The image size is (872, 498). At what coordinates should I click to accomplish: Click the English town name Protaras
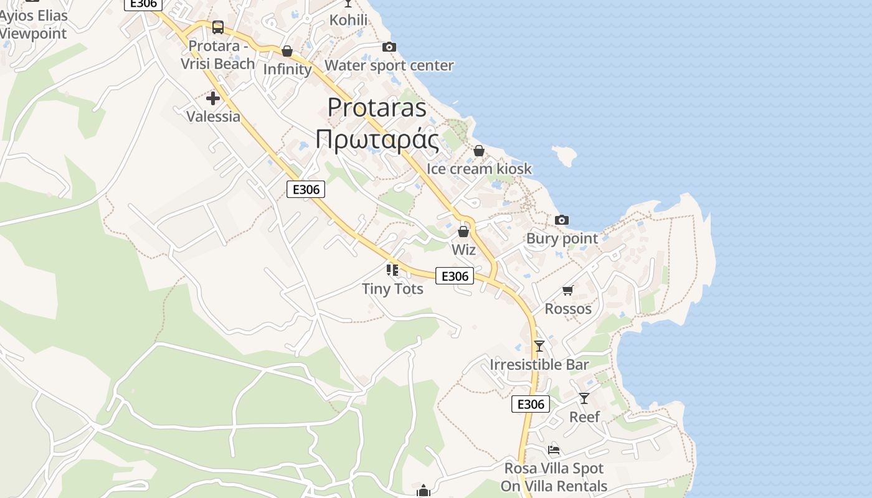coord(377,107)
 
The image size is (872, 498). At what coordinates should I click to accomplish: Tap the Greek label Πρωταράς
coord(377,139)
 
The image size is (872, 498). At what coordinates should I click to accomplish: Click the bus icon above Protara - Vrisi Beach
coord(217,27)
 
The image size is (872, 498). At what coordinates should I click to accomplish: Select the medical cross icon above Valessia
coord(213,98)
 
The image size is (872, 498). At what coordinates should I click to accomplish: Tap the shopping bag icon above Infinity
coord(287,51)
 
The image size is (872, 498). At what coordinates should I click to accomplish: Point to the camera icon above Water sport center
coord(389,47)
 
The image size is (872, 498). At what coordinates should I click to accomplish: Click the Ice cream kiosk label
coord(479,169)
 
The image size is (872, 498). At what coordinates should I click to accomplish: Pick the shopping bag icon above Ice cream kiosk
coord(479,151)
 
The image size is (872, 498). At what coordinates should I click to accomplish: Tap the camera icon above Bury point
coord(562,220)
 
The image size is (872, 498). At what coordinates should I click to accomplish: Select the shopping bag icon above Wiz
coord(463,232)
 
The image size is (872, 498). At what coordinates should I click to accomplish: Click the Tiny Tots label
coord(392,289)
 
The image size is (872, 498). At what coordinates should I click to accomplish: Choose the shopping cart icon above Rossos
coord(567,290)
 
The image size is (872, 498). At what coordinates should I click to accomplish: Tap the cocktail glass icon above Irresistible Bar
coord(539,346)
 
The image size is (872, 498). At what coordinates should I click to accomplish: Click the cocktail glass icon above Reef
coord(584,398)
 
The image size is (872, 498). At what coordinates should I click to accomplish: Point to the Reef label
coord(584,417)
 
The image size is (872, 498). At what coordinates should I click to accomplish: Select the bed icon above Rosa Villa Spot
coord(554,450)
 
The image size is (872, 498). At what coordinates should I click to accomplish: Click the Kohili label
coord(348,20)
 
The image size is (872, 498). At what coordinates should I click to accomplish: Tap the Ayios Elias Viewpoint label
coord(34,24)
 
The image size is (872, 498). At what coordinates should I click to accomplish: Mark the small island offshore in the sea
coord(564,156)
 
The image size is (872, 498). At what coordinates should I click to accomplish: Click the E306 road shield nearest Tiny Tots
coord(454,276)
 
